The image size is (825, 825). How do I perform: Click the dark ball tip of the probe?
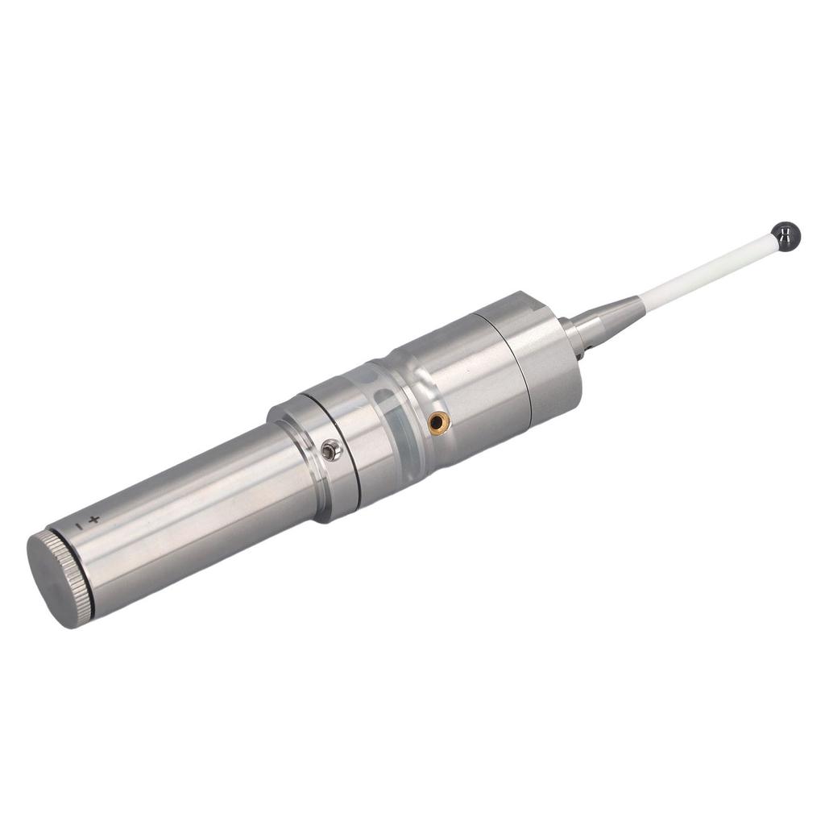coord(785,236)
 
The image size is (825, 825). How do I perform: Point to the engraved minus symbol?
coord(78,526)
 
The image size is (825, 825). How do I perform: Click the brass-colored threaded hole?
coord(437,420)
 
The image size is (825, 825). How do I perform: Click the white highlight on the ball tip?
coord(781,232)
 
